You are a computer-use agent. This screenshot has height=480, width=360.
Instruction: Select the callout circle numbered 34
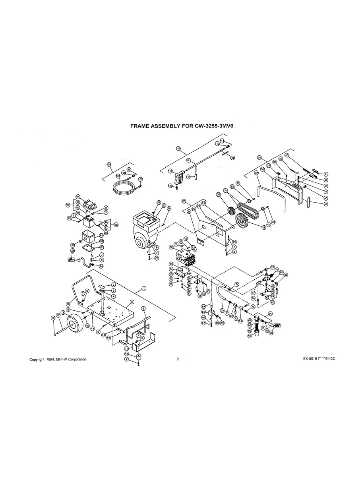(x=259, y=158)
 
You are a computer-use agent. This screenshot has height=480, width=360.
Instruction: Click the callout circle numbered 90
(x=250, y=336)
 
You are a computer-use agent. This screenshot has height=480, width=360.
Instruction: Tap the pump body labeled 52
(x=186, y=256)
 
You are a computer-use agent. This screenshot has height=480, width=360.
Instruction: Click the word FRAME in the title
(x=141, y=126)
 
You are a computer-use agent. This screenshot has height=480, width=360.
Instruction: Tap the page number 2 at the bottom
(x=178, y=359)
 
